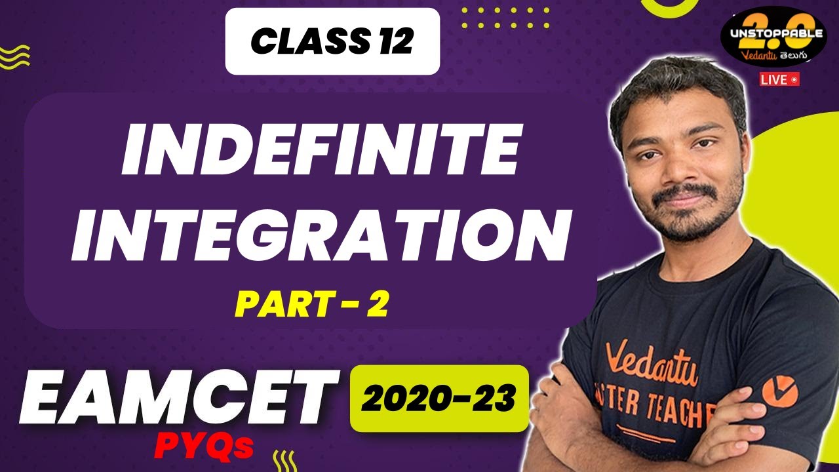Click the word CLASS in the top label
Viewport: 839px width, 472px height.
pos(301,42)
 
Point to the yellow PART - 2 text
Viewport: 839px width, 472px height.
pos(312,304)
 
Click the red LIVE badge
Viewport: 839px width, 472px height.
pos(780,79)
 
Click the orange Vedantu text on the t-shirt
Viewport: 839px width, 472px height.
pos(652,364)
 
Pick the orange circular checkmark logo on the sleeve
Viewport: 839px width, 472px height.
pos(779,392)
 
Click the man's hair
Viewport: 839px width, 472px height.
pos(675,85)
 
